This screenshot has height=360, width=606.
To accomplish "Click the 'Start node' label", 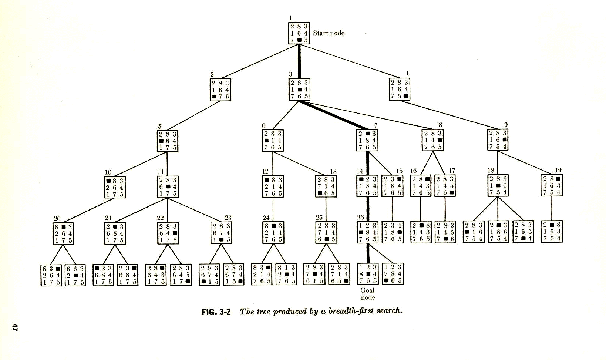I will [329, 33].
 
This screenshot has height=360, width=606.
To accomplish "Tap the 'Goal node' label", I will [367, 294].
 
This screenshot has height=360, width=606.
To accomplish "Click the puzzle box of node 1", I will [299, 33].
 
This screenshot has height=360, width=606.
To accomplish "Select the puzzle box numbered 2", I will [220, 90].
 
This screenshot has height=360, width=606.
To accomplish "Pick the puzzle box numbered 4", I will [400, 89].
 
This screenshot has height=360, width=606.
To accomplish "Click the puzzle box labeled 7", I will [367, 140].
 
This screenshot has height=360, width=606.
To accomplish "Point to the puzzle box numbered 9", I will [498, 139].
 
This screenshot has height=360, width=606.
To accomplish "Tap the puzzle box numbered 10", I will [115, 187].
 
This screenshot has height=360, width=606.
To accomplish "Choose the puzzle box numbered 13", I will [326, 186].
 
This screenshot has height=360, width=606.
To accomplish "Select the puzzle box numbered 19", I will [552, 185].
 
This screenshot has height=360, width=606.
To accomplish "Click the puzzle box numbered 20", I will [63, 233].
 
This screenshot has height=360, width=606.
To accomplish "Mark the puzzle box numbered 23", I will [221, 233].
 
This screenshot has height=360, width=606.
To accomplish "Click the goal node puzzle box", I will [367, 274].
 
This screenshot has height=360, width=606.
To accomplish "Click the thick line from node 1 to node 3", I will [299, 61].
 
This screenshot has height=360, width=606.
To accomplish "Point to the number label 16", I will [414, 171].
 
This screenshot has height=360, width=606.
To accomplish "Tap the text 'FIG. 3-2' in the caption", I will [216, 312].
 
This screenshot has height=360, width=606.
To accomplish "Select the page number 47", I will [15, 327].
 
